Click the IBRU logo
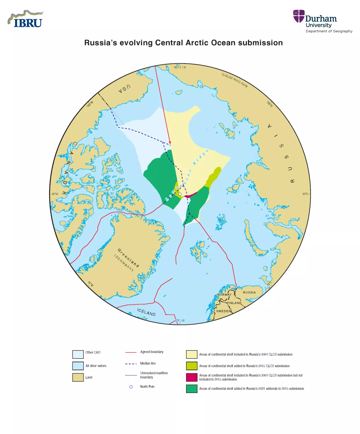click(x=26, y=20)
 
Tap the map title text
click(x=183, y=43)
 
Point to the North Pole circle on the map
click(x=180, y=194)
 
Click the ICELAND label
click(x=146, y=312)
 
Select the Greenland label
click(x=128, y=258)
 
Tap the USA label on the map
click(x=125, y=88)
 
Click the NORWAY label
click(x=224, y=295)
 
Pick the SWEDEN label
click(x=223, y=311)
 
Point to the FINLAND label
click(x=234, y=303)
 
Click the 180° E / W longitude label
click(x=180, y=67)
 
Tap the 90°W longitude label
click(x=55, y=194)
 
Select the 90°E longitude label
click(x=305, y=194)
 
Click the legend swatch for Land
click(x=78, y=377)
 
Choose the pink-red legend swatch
click(x=192, y=377)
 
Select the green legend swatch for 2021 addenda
click(x=192, y=389)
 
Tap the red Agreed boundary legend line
click(x=131, y=352)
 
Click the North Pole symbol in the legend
click(x=131, y=387)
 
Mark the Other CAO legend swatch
click(x=78, y=354)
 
